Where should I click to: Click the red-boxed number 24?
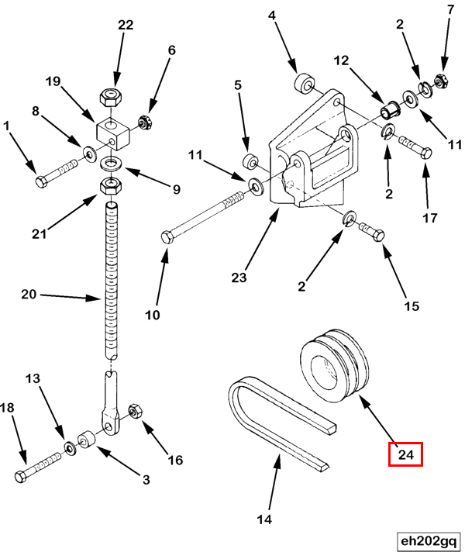pyautogui.click(x=405, y=453)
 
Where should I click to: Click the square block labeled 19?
pyautogui.click(x=113, y=128)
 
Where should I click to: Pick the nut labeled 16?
pyautogui.click(x=133, y=409)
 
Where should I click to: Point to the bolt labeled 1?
pyautogui.click(x=57, y=173)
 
